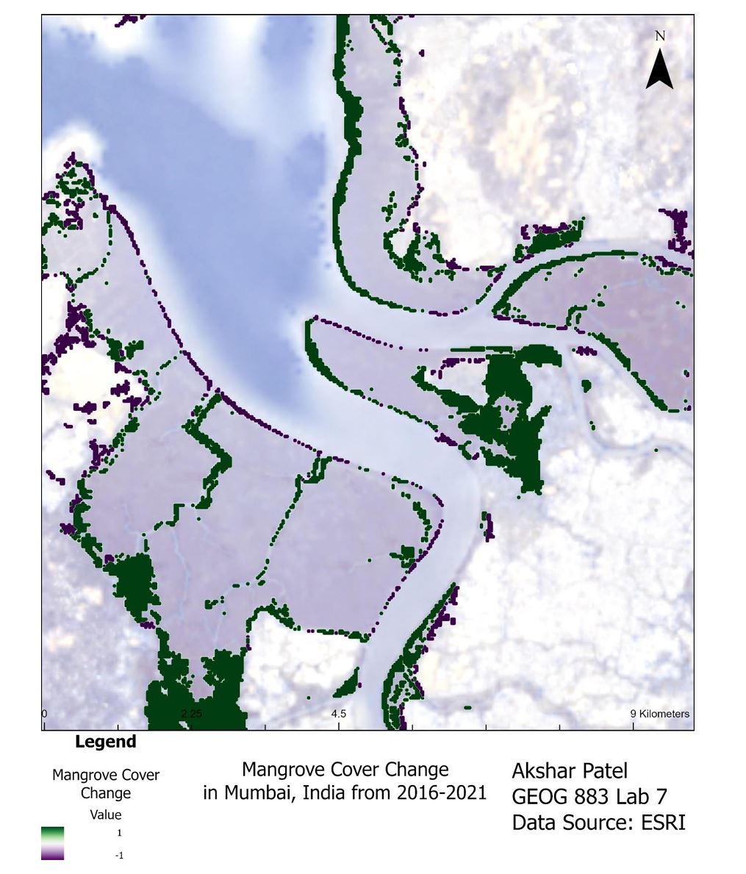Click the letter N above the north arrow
tap(659, 36)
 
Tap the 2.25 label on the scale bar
tap(191, 713)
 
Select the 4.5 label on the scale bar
tap(338, 713)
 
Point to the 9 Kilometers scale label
tap(660, 713)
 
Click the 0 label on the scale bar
tap(45, 713)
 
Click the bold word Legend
tap(105, 742)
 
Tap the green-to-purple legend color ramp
tap(52, 843)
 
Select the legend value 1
tap(119, 833)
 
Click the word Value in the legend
tap(105, 814)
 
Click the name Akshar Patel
tap(570, 771)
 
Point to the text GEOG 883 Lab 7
tap(589, 797)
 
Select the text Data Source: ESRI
tap(598, 823)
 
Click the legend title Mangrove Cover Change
tap(105, 784)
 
